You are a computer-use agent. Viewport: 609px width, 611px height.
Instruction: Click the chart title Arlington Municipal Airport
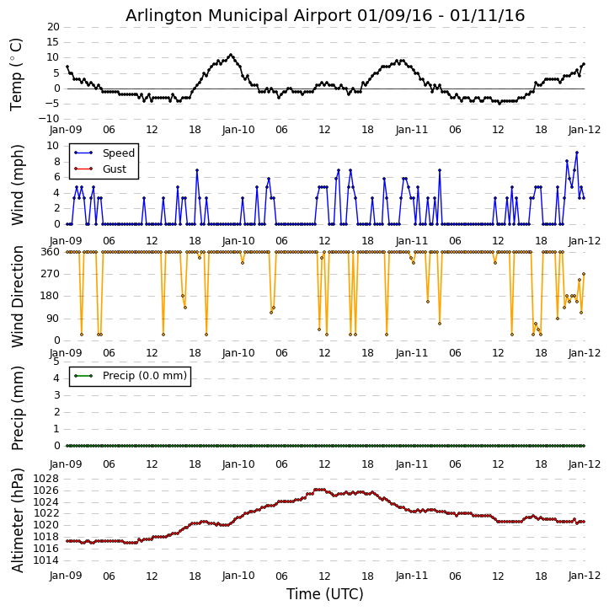click(x=325, y=15)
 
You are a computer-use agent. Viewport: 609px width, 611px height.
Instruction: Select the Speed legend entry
click(x=118, y=153)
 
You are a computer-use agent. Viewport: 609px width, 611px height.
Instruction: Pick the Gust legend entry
click(x=114, y=169)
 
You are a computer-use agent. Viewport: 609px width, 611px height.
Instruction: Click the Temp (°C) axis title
click(x=17, y=73)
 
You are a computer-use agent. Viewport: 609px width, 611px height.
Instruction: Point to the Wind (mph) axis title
click(x=17, y=185)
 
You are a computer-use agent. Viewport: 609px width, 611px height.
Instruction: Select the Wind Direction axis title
click(x=17, y=297)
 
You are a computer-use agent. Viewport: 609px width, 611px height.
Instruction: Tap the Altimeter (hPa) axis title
click(x=17, y=519)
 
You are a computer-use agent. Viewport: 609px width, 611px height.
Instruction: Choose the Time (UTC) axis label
click(x=325, y=594)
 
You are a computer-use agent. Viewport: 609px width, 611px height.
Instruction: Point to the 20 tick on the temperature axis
click(x=52, y=27)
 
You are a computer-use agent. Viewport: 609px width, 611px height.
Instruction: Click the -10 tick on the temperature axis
click(x=50, y=119)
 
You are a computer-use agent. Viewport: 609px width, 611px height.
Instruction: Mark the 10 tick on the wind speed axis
click(x=52, y=146)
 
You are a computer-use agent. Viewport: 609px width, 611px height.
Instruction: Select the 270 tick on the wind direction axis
click(x=50, y=274)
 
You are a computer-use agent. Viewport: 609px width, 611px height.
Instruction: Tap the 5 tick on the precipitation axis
click(x=56, y=361)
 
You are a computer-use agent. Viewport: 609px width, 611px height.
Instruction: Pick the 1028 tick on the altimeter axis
click(x=45, y=479)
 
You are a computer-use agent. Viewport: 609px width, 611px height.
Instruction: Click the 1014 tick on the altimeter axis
click(x=45, y=560)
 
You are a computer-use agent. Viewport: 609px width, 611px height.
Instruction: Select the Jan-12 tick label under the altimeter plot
click(x=585, y=576)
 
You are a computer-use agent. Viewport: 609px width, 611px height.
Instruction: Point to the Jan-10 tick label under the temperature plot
click(x=238, y=130)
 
